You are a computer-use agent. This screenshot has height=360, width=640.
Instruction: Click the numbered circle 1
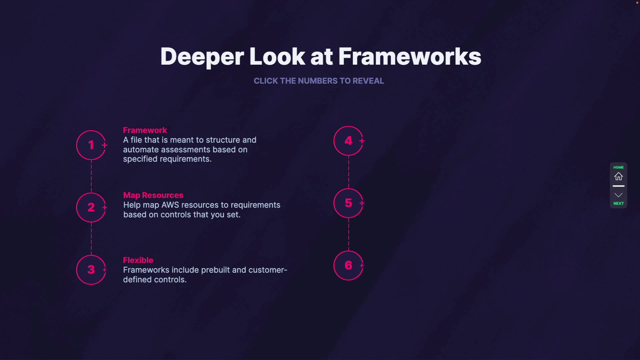91,145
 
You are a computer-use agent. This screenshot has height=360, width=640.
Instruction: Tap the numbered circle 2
91,207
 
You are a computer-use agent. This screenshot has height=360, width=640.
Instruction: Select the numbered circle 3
91,270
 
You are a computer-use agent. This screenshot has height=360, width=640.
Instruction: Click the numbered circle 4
348,141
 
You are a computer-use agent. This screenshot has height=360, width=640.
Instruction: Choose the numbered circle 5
348,203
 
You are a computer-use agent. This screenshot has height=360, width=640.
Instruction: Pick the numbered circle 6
348,265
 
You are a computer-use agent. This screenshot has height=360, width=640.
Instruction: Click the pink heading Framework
145,130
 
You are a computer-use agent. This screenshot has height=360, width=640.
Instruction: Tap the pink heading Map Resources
153,195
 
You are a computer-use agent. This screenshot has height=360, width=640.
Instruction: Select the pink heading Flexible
138,260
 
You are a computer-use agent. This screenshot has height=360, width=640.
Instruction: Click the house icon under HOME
618,176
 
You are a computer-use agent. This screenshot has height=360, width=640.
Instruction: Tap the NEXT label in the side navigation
618,203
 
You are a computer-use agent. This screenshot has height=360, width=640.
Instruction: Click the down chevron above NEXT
618,195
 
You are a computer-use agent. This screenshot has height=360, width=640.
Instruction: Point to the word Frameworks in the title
410,56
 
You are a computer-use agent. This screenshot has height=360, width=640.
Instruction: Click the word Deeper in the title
202,56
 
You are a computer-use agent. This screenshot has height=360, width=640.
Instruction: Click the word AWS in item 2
170,205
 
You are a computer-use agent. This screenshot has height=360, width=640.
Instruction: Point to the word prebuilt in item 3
215,270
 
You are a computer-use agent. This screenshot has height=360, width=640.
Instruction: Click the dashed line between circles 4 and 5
349,172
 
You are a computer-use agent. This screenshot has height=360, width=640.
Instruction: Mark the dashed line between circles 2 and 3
91,238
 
